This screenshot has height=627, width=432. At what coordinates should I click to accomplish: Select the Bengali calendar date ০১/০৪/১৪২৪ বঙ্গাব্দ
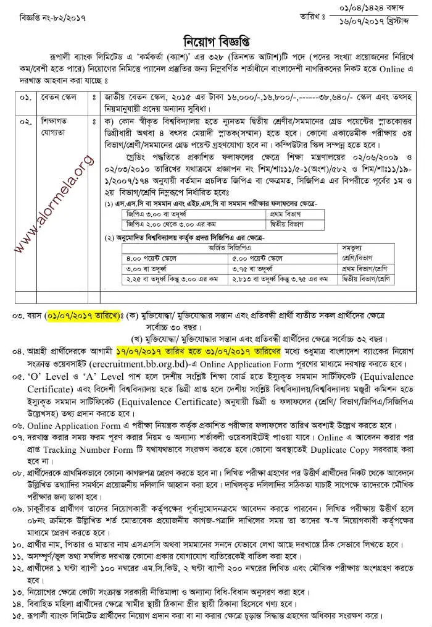pyautogui.click(x=372, y=8)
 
